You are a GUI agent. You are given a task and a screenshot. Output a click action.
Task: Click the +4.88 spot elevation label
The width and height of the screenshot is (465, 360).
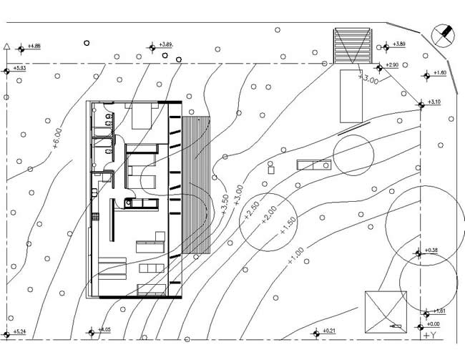pyautogui.click(x=34, y=47)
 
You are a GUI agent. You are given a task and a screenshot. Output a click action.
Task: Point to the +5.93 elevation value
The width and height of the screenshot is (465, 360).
pyautogui.click(x=19, y=68)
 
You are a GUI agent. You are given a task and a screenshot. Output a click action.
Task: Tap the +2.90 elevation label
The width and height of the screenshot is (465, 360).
pyautogui.click(x=391, y=65)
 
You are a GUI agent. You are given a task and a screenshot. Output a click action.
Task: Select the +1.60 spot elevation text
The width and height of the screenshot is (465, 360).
pyautogui.click(x=439, y=72)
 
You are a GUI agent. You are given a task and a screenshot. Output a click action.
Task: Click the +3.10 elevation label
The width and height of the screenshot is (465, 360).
pyautogui.click(x=434, y=102)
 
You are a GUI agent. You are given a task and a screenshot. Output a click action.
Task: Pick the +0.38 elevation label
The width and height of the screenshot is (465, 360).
pyautogui.click(x=431, y=250)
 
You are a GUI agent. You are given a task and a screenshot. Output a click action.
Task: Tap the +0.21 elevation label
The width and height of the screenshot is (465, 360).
pyautogui.click(x=329, y=331)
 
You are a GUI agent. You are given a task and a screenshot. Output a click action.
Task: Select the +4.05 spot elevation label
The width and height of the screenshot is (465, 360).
pyautogui.click(x=104, y=330)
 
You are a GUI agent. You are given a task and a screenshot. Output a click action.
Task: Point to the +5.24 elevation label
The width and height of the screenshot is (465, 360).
pyautogui.click(x=19, y=331)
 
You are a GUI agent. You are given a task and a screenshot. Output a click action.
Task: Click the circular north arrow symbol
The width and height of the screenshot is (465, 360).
pyautogui.click(x=444, y=33)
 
